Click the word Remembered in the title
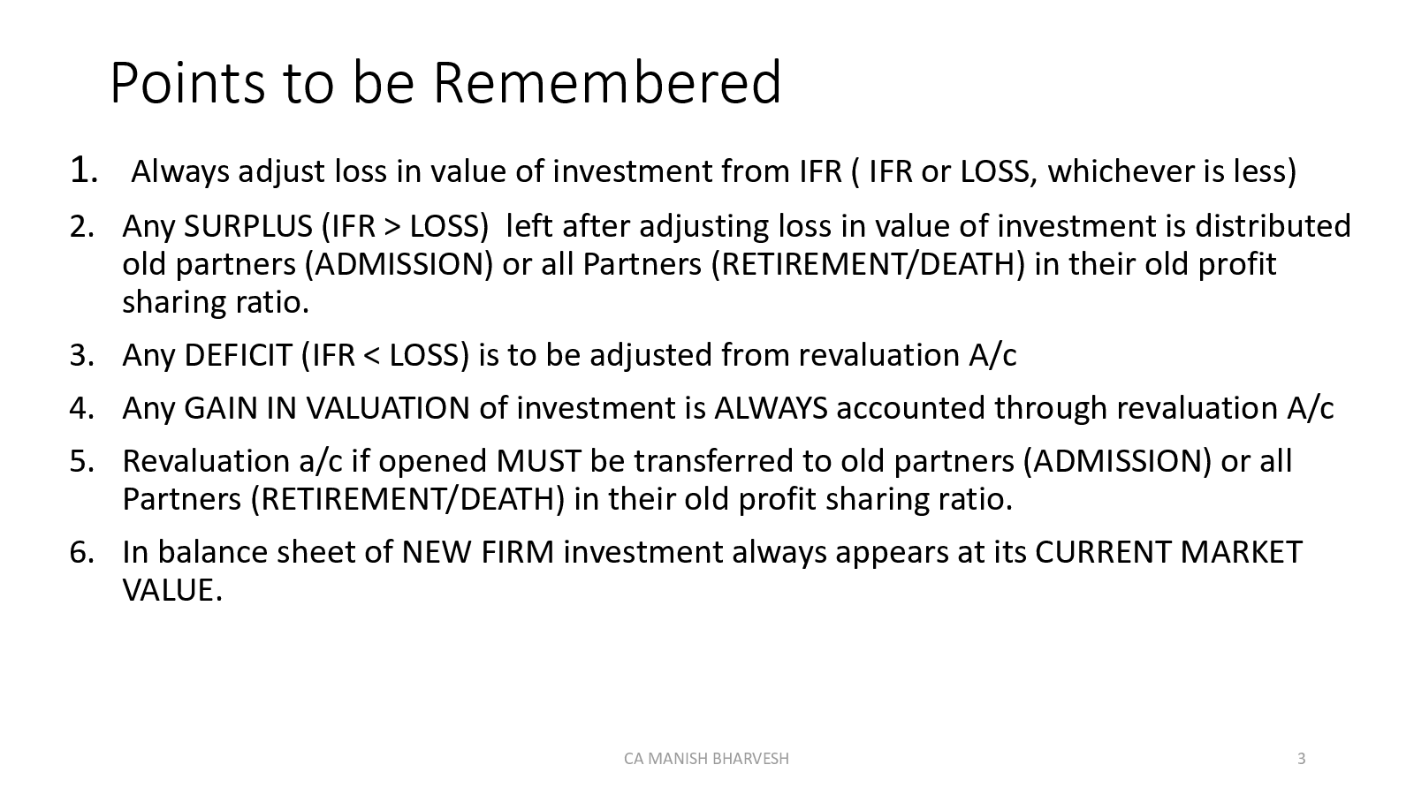pyautogui.click(x=606, y=83)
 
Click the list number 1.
pyautogui.click(x=82, y=170)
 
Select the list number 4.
pyautogui.click(x=81, y=408)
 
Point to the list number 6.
pyautogui.click(x=81, y=552)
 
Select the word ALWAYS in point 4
pyautogui.click(x=771, y=408)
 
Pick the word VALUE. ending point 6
pyautogui.click(x=172, y=590)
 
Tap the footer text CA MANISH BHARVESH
pyautogui.click(x=706, y=758)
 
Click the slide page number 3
pyautogui.click(x=1301, y=758)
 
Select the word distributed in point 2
pyautogui.click(x=1273, y=226)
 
